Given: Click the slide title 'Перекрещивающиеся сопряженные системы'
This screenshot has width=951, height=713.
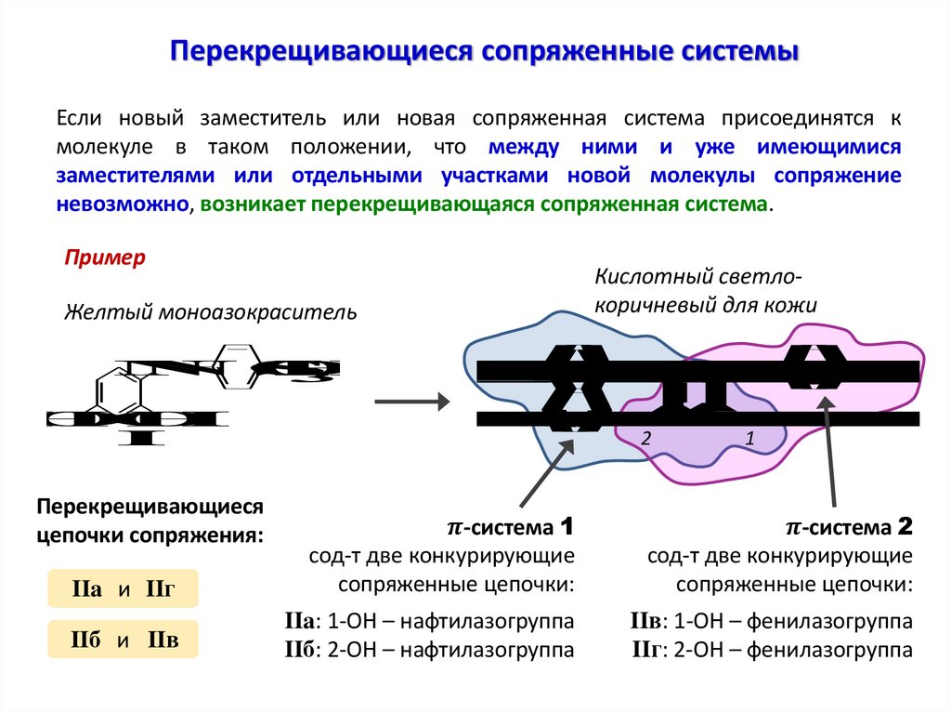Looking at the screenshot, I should tap(483, 51).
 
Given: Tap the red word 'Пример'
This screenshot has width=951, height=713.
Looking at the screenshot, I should tap(105, 257).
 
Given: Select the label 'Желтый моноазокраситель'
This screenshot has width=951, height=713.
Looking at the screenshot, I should tap(210, 311).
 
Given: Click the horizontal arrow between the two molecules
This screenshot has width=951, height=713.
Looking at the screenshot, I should tap(411, 403).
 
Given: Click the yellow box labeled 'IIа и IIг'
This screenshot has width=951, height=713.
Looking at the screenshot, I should tap(123, 589).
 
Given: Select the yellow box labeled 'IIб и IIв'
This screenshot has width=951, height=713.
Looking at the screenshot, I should tap(123, 640).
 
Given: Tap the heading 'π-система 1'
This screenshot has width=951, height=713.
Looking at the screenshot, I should tap(511, 528).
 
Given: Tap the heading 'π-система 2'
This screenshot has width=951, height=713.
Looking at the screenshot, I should tap(850, 528).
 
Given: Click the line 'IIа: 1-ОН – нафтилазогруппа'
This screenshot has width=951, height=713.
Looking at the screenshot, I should tap(429, 621).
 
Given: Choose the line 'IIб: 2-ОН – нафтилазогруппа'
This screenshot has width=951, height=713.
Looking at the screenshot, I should tap(429, 650).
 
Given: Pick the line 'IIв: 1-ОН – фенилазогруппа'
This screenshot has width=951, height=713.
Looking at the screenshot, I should tap(771, 621).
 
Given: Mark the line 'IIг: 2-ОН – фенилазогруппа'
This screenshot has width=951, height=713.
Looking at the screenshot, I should tap(771, 650).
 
